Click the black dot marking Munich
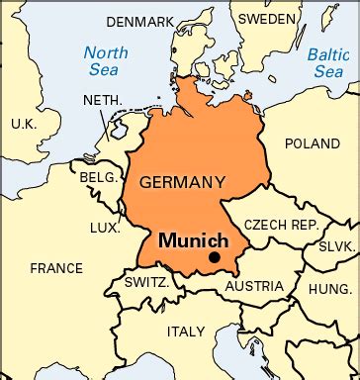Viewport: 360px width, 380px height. coord(214,258)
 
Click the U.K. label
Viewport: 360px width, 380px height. coord(22,124)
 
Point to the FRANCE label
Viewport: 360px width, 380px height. coord(55,268)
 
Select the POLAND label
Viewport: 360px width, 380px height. coord(312,142)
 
